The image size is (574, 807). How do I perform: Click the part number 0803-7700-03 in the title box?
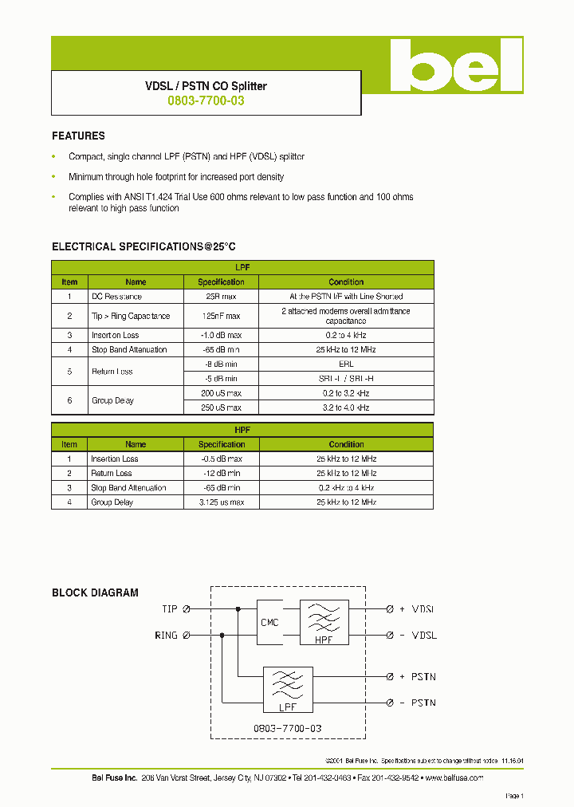pos(206,101)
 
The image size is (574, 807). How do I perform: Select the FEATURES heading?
pos(78,136)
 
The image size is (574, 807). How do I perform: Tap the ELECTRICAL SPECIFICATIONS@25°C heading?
pos(143,247)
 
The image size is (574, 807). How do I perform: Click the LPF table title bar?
pos(242,268)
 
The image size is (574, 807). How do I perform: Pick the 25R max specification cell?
pos(221,297)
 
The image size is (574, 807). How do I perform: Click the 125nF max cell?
pos(221,316)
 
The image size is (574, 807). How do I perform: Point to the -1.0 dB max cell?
pos(221,336)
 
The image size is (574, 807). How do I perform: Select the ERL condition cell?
pos(346,364)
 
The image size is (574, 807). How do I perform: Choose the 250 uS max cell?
pos(221,407)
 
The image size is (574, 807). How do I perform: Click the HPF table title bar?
pos(242,430)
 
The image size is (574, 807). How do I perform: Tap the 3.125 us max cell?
pos(221,502)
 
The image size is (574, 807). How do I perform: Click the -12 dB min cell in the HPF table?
pos(221,474)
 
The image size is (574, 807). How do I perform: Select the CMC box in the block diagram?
pos(269,622)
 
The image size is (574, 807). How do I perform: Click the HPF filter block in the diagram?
pos(324,622)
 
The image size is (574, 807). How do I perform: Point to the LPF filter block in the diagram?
pos(287,689)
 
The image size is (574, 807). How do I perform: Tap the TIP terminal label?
pos(170,609)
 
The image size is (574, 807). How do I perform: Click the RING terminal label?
pos(166,636)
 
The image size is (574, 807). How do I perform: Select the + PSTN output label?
pos(418,676)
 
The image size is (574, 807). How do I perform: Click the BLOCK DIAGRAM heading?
pos(95,593)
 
